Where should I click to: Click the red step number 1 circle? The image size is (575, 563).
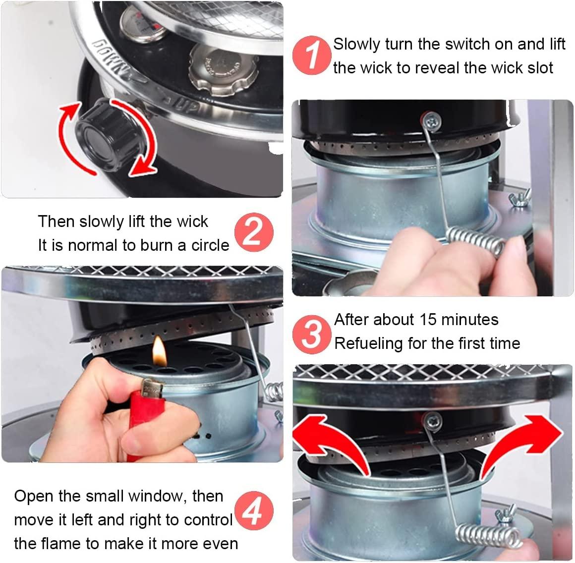pyautogui.click(x=311, y=56)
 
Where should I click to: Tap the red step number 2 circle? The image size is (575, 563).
pyautogui.click(x=254, y=232)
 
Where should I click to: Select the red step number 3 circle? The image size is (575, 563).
pyautogui.click(x=311, y=334)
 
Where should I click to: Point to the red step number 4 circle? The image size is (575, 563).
pyautogui.click(x=254, y=510)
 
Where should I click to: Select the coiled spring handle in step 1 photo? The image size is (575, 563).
pyautogui.click(x=476, y=241)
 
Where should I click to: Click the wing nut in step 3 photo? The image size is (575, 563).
pyautogui.click(x=504, y=516)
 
